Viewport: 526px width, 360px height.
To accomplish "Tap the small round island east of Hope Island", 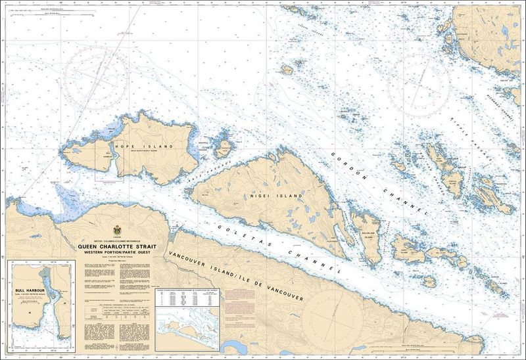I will pyautogui.click(x=224, y=148).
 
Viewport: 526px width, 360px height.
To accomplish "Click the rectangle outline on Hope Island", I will pyautogui.click(x=109, y=162).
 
